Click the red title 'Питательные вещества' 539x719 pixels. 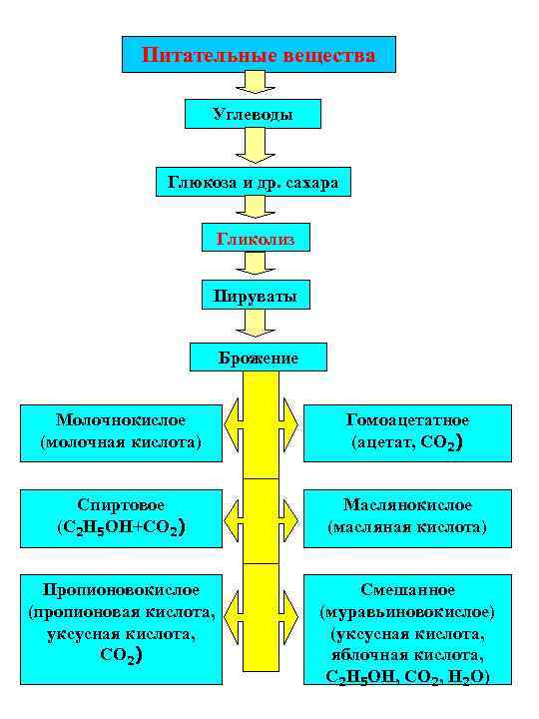point(259,54)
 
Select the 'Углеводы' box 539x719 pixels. point(254,114)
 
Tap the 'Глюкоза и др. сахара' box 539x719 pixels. point(254,183)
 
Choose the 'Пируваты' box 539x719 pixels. point(255,297)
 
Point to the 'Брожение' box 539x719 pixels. point(259,357)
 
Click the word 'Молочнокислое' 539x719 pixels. point(121,420)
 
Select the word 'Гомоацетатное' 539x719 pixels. point(406,420)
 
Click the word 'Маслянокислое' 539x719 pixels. point(407,505)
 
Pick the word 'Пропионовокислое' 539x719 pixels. point(121,590)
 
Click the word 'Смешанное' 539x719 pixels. point(407,590)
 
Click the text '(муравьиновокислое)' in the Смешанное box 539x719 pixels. point(407,611)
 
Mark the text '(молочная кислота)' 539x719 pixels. point(121,440)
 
